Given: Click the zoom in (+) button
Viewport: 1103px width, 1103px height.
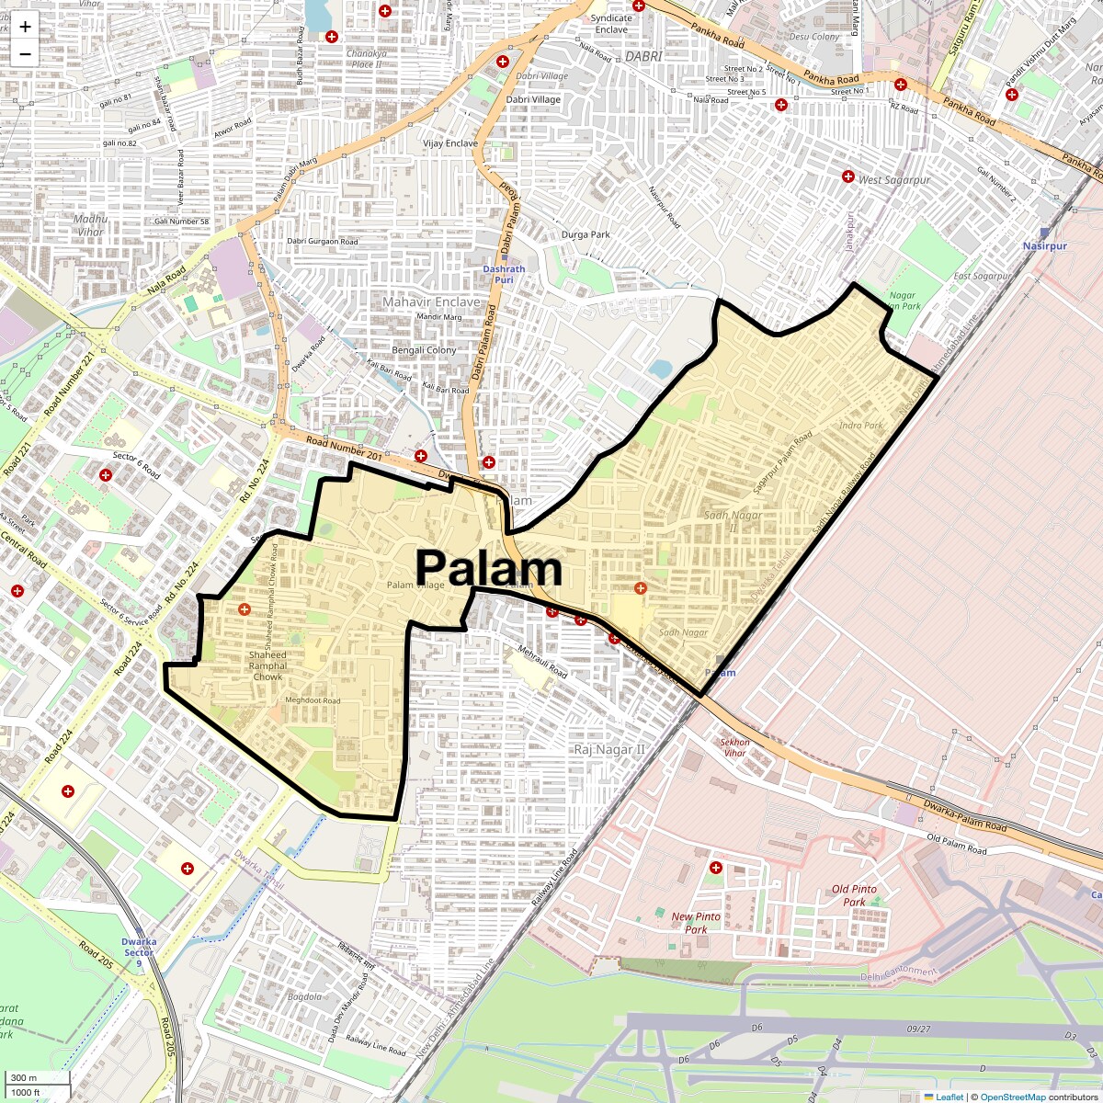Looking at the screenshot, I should [x=25, y=26].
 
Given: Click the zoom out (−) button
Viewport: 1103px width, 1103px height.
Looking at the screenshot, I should [x=25, y=53].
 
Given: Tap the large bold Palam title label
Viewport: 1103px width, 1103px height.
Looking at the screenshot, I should [x=488, y=568].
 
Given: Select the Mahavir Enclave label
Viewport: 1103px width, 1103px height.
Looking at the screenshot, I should [x=431, y=301].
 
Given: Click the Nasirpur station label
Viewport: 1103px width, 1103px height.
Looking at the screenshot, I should [x=1045, y=246].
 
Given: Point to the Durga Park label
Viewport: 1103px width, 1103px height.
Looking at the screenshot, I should [x=586, y=234].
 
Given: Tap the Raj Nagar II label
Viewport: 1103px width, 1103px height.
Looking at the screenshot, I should [x=609, y=750].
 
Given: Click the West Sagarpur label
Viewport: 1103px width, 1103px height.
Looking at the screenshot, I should [x=893, y=180].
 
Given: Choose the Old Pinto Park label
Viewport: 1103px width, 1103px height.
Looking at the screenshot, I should [x=854, y=895].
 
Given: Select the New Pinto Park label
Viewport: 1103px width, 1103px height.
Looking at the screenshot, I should [x=696, y=923].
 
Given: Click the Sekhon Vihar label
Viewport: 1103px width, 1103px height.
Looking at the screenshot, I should [x=734, y=747].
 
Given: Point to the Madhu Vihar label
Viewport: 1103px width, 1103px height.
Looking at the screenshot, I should [x=91, y=225].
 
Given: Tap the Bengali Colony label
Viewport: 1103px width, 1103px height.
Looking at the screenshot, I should [x=424, y=350].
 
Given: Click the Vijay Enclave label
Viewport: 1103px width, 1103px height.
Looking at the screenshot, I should [x=450, y=143].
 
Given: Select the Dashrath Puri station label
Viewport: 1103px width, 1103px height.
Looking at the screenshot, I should [x=504, y=274].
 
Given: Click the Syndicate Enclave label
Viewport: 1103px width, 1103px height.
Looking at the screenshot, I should [x=611, y=24].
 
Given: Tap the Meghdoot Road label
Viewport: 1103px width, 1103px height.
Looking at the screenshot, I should [x=313, y=700].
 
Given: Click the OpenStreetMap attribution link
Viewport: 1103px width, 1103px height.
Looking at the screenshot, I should [x=1012, y=1097].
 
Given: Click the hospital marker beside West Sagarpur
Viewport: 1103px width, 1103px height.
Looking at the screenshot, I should [x=848, y=176].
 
